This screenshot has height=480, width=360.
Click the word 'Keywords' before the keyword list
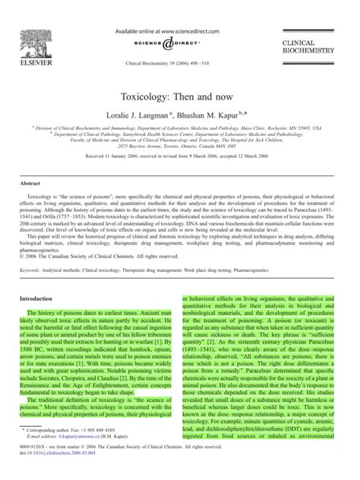(x=34, y=249)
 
